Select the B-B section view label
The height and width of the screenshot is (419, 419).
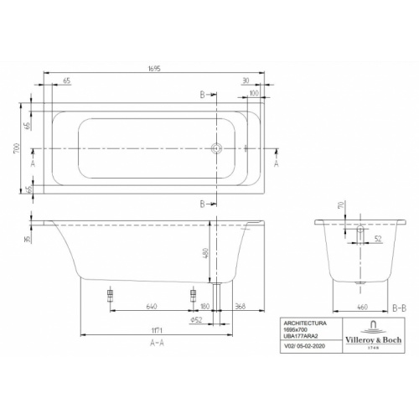click(x=400, y=308)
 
